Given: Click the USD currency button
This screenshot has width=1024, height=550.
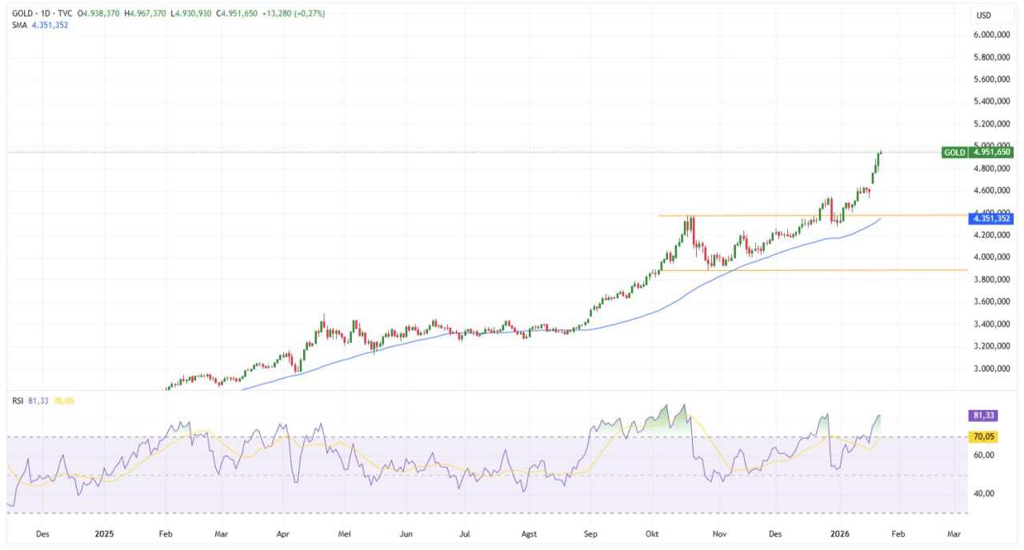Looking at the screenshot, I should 984,15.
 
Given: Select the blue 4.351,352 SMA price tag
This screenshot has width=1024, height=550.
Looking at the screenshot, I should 991,218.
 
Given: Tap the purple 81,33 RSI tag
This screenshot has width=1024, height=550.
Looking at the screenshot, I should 981,416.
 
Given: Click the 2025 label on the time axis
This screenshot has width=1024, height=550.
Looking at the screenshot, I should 106,532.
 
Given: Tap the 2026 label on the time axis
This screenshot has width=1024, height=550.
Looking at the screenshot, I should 839,532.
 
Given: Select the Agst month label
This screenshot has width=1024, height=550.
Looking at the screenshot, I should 529,532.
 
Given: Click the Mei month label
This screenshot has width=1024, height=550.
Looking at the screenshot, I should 344,532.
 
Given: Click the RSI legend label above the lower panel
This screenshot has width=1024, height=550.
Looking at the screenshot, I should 18,401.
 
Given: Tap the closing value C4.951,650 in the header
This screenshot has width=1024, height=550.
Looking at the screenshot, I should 230,14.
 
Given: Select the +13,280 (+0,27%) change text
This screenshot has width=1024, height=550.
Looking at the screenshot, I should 297,14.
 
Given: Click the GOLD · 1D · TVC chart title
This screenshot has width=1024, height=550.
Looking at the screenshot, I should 42,14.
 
